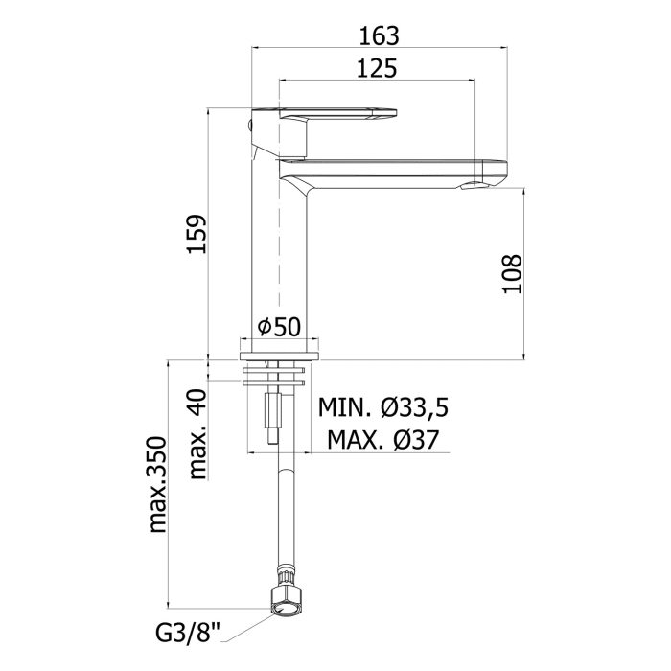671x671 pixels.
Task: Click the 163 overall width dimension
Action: click(379, 35)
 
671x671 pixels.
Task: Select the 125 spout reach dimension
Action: click(377, 68)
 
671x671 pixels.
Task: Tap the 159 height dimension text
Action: click(197, 234)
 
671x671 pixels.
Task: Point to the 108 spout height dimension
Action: click(512, 274)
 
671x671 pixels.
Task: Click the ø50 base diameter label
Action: click(280, 327)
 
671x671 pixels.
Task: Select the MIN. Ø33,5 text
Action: click(383, 407)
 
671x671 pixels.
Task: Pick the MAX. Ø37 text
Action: click(383, 439)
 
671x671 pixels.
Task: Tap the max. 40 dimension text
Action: click(197, 434)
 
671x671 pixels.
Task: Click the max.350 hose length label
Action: click(157, 484)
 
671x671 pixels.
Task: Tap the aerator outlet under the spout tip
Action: click(473, 186)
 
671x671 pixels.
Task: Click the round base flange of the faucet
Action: click(280, 356)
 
